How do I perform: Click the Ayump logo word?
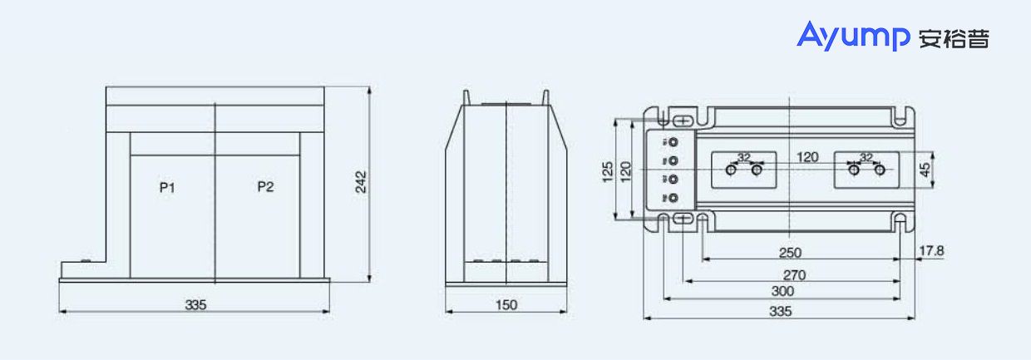click(x=855, y=37)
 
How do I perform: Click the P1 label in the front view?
click(x=167, y=187)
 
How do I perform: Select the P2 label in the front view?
click(x=265, y=186)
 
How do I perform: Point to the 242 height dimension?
click(x=361, y=183)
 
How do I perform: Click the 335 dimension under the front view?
click(x=195, y=305)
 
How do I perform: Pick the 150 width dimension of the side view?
click(x=506, y=305)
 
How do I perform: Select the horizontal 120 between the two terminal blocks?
click(x=807, y=157)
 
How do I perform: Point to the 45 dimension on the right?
click(x=925, y=170)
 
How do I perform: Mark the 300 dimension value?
click(x=782, y=292)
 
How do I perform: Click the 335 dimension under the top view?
click(x=779, y=312)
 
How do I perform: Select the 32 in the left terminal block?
click(x=743, y=157)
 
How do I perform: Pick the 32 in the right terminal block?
click(x=866, y=157)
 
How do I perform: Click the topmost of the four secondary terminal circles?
click(x=674, y=142)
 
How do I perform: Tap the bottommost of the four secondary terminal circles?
click(x=674, y=198)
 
